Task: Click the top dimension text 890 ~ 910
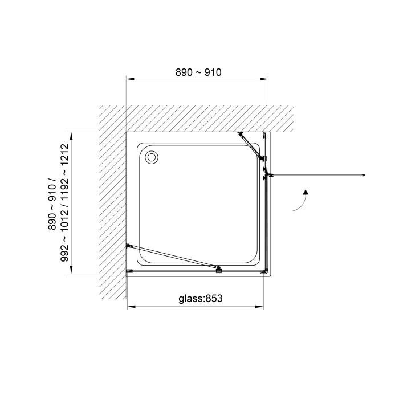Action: [198, 72]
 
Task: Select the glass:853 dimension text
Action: [201, 298]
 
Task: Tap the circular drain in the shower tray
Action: [152, 157]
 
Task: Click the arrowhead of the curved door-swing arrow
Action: [306, 192]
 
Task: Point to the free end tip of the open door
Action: [364, 175]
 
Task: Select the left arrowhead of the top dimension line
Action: [131, 79]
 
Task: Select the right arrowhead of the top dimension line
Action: [264, 79]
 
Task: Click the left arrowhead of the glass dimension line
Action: [131, 307]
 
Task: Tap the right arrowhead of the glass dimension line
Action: [259, 307]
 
